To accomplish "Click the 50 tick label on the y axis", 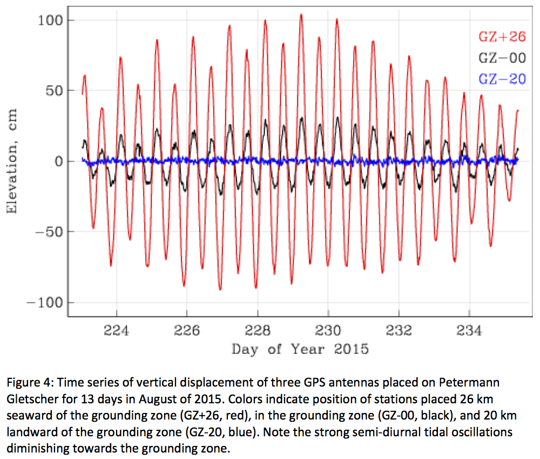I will (55, 91).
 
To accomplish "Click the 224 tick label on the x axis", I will (116, 330).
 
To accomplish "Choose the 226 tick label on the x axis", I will (187, 330).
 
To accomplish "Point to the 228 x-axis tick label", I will (258, 330).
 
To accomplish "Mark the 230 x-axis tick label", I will (328, 330).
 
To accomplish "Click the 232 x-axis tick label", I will (399, 330).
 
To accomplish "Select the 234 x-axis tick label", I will (469, 330).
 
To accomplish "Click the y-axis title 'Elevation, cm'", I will (12, 161).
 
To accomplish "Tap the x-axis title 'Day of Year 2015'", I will (300, 349).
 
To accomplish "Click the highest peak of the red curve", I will (301, 15).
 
